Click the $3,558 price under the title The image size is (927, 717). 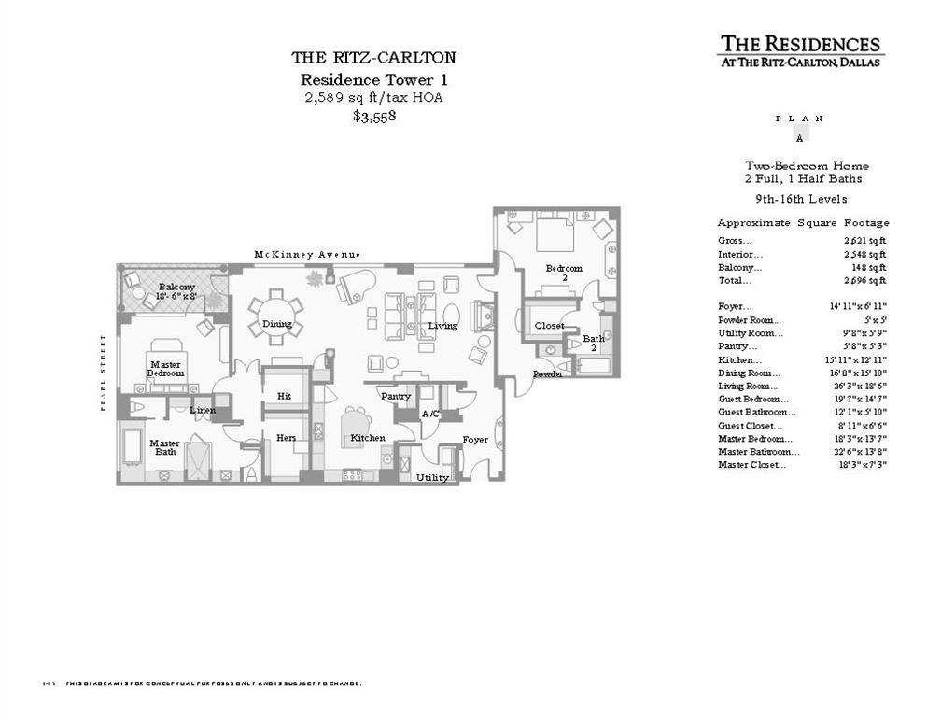(x=374, y=117)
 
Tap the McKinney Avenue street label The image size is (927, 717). (x=307, y=255)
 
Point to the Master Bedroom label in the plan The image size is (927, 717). (x=165, y=368)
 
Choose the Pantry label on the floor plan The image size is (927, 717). (x=396, y=396)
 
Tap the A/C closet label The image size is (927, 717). (x=430, y=414)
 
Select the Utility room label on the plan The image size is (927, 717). (x=432, y=477)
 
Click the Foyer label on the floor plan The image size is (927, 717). (x=475, y=440)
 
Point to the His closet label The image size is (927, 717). (x=285, y=396)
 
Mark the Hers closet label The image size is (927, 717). (x=286, y=438)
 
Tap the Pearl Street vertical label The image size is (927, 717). (x=105, y=371)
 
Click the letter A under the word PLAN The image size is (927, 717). (x=798, y=137)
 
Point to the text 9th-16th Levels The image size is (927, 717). (x=801, y=199)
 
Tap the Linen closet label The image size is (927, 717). (x=203, y=410)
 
